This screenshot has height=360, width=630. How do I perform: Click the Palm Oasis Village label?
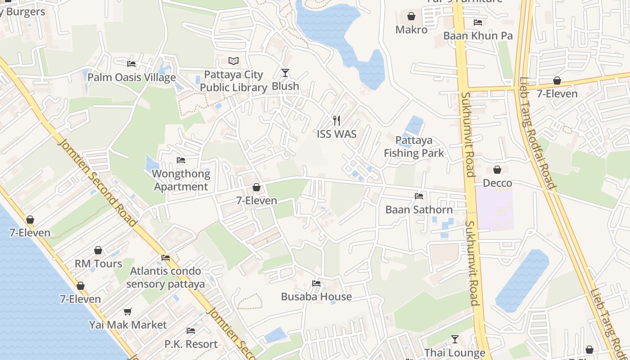pyautogui.click(x=131, y=77)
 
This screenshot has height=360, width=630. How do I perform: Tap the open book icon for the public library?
pyautogui.click(x=234, y=61)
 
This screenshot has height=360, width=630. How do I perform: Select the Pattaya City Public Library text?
pyautogui.click(x=234, y=81)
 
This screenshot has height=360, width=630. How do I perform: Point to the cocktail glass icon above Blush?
pyautogui.click(x=285, y=72)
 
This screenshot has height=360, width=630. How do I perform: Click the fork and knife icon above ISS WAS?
pyautogui.click(x=336, y=120)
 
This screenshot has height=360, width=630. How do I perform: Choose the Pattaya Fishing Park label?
pyautogui.click(x=414, y=147)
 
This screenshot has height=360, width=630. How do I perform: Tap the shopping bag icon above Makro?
pyautogui.click(x=411, y=17)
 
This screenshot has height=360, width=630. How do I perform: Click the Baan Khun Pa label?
pyautogui.click(x=478, y=36)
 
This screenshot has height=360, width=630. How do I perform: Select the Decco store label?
pyautogui.click(x=497, y=183)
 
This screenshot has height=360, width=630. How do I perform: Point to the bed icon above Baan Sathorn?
pyautogui.click(x=419, y=196)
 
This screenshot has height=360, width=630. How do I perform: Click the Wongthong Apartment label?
pyautogui.click(x=181, y=180)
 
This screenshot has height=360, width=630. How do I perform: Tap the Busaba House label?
pyautogui.click(x=316, y=297)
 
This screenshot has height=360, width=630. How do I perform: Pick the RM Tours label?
pyautogui.click(x=98, y=264)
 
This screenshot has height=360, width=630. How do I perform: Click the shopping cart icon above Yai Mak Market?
pyautogui.click(x=128, y=311)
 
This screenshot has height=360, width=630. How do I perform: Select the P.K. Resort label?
pyautogui.click(x=191, y=344)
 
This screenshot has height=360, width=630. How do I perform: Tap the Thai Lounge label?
pyautogui.click(x=455, y=353)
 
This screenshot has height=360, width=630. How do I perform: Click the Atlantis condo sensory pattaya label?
pyautogui.click(x=166, y=278)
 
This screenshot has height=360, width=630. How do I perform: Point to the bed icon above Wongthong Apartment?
pyautogui.click(x=181, y=160)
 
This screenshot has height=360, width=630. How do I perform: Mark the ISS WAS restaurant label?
pyautogui.click(x=336, y=134)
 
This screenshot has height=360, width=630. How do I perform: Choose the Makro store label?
pyautogui.click(x=411, y=30)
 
